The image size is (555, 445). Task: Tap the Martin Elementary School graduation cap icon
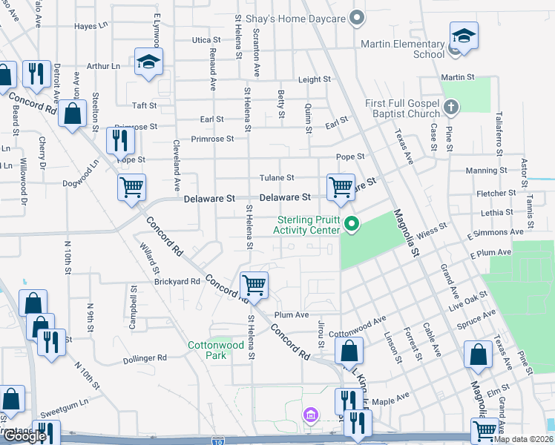[463, 36]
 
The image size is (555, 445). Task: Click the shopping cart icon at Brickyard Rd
[254, 284]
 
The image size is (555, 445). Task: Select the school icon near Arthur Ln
[148, 62]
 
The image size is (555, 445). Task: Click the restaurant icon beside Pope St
[119, 139]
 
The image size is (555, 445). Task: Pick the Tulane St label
[277, 178]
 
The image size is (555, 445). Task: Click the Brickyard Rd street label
[177, 282]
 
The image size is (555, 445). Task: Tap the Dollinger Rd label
[145, 357]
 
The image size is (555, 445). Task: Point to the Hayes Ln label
[92, 27]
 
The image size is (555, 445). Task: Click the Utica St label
[206, 40]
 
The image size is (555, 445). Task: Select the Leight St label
[314, 79]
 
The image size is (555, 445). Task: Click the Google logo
[24, 436]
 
